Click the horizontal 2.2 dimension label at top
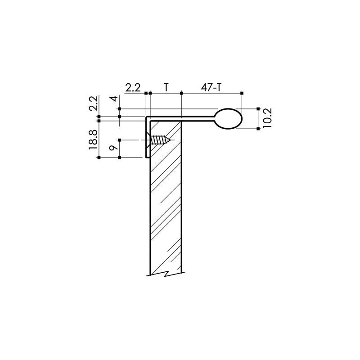[x=133, y=87]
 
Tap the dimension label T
[x=166, y=87]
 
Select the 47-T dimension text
[x=211, y=87]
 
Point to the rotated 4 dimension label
[x=115, y=99]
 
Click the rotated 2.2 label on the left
[x=94, y=103]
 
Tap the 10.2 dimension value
[x=267, y=118]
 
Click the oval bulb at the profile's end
[x=229, y=118]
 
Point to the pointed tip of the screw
[x=170, y=140]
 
